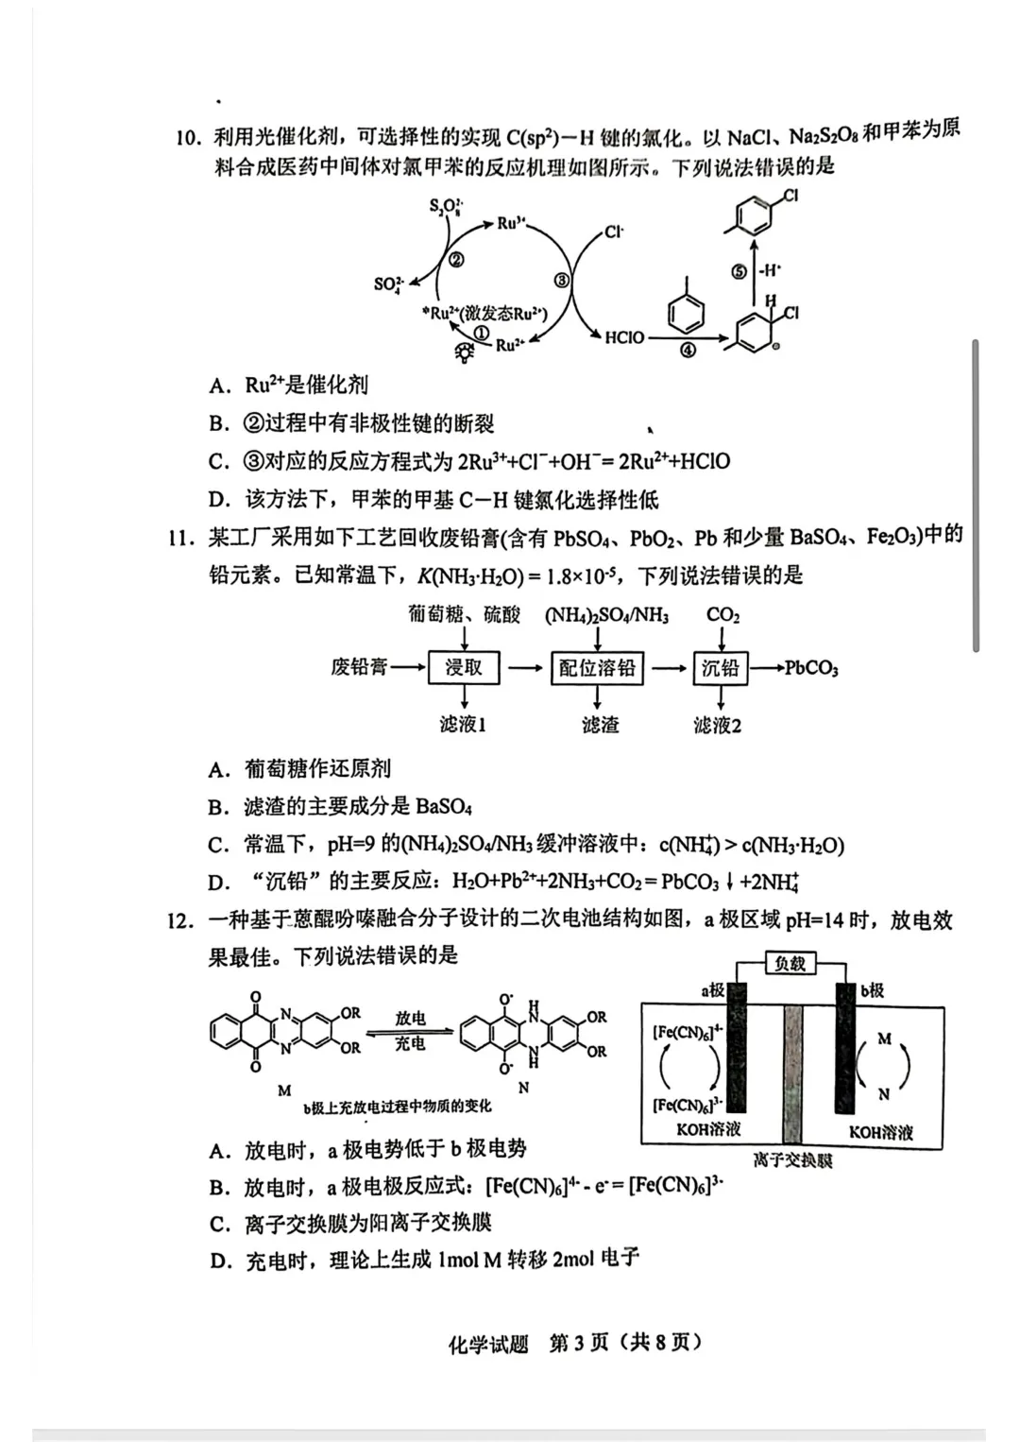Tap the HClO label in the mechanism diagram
coord(624,337)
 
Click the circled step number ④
coord(688,351)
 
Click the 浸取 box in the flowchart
coord(464,668)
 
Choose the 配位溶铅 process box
coord(597,668)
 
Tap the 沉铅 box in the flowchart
coord(720,668)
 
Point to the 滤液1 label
coord(463,725)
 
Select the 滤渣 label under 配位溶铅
coord(601,725)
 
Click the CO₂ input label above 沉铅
coord(722,615)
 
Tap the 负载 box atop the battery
coord(790,963)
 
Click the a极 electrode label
coord(713,989)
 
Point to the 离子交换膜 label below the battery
coord(792,1159)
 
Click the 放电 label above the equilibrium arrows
coord(410,1018)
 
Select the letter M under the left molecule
coord(284,1090)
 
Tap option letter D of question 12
coord(220,1261)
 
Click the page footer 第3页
coord(579,1343)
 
